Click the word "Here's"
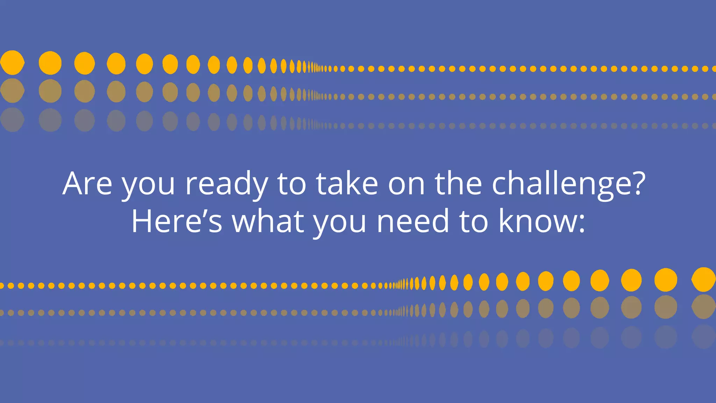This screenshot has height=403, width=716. [x=177, y=221]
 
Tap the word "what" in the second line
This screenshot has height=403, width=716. [x=268, y=221]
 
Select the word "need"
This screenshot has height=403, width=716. [x=413, y=221]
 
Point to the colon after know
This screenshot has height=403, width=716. [x=581, y=224]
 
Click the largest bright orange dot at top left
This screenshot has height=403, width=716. [x=12, y=63]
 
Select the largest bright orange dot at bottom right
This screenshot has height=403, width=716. [x=703, y=279]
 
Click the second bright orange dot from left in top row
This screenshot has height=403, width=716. [x=50, y=63]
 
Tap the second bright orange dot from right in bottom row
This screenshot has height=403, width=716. [x=666, y=280]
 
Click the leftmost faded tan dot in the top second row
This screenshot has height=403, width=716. [x=12, y=91]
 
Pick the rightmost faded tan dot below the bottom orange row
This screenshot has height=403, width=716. [x=703, y=306]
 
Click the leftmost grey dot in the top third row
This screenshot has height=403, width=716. [x=12, y=120]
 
